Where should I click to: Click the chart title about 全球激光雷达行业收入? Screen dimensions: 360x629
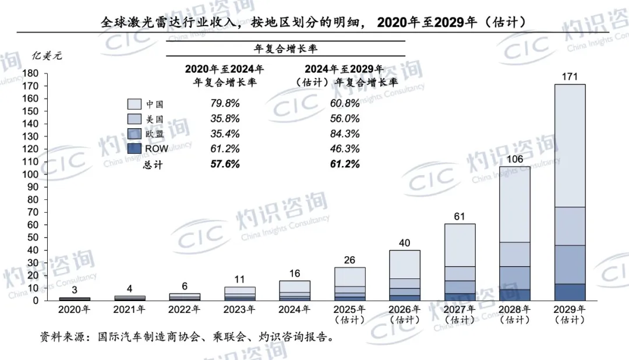click(x=314, y=23)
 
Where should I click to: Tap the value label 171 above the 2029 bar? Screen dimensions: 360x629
click(x=570, y=76)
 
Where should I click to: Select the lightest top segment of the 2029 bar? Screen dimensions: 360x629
click(x=570, y=146)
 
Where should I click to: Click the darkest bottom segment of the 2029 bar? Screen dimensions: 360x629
click(x=570, y=292)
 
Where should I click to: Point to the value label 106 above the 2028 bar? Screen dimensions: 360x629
click(x=515, y=159)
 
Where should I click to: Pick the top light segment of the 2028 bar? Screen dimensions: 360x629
click(x=515, y=204)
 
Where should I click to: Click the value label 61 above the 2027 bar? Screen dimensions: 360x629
click(x=460, y=217)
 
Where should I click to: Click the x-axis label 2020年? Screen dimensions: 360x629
click(x=74, y=309)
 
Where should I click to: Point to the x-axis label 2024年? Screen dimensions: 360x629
click(x=294, y=309)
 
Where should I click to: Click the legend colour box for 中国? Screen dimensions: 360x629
click(x=135, y=104)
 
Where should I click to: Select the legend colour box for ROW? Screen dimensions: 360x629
click(x=135, y=149)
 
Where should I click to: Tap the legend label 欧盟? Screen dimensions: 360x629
click(x=154, y=133)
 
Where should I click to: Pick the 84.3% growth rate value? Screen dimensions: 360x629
click(x=344, y=133)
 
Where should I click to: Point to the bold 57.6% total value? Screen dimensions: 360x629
click(x=225, y=164)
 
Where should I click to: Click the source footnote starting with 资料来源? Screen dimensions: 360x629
click(x=186, y=337)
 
